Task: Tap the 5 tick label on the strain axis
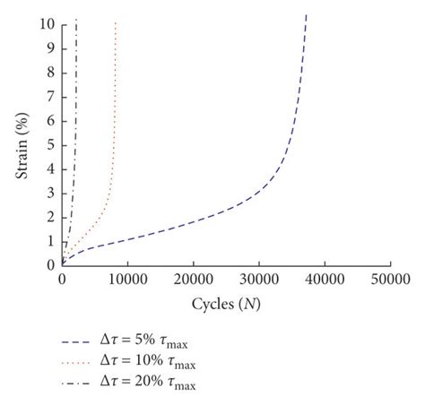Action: [52, 144]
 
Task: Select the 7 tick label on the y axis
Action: [52, 96]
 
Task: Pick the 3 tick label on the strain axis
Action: [52, 193]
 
